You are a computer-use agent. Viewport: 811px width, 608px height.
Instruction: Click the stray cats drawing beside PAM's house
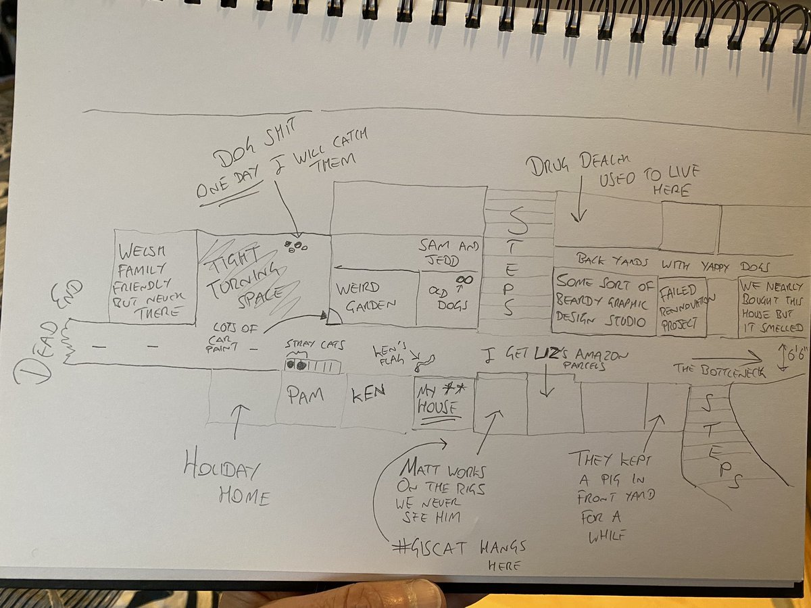coord(297,365)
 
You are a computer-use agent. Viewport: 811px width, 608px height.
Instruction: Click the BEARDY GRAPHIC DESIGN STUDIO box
coord(604,301)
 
